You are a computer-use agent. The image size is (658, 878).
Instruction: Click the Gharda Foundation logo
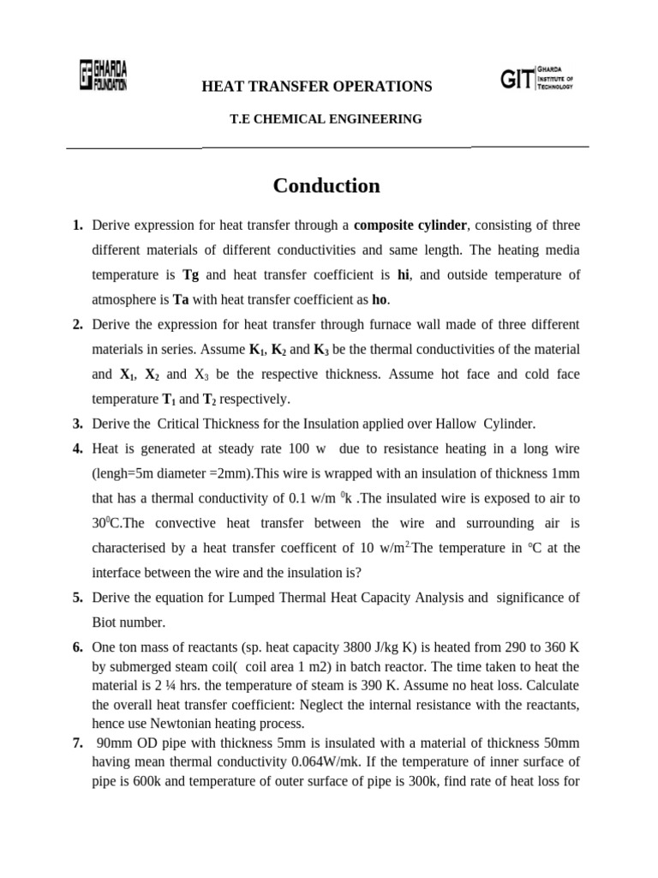click(x=103, y=75)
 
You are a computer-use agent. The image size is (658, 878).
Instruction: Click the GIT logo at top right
click(x=536, y=80)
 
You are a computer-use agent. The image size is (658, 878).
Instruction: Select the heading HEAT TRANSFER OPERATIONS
click(x=316, y=86)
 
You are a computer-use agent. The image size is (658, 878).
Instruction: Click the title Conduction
click(x=326, y=185)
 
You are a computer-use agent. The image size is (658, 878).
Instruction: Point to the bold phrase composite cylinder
click(x=410, y=226)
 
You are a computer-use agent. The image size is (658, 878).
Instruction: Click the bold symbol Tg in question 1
click(x=191, y=275)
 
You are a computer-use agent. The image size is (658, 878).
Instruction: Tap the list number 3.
click(x=77, y=424)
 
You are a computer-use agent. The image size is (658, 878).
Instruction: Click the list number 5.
click(x=77, y=597)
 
